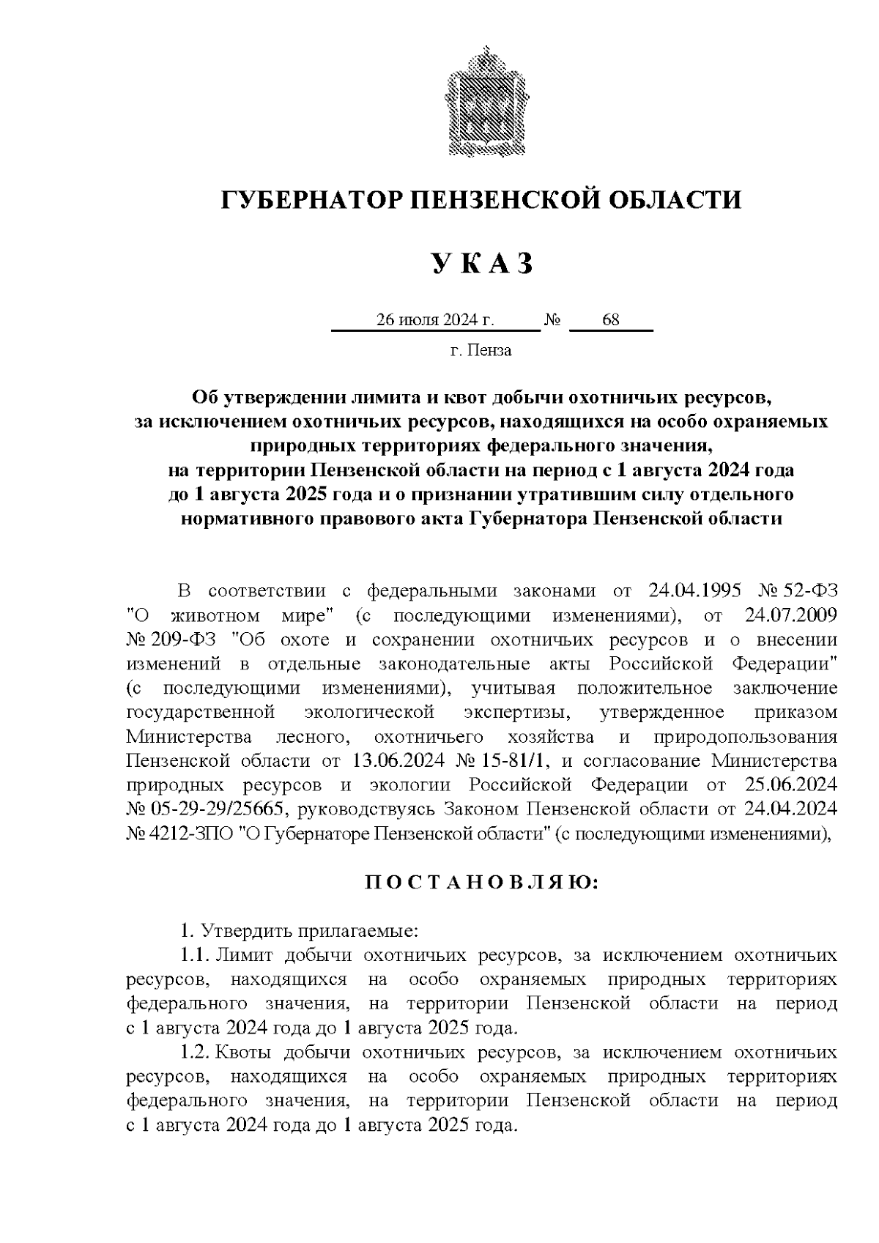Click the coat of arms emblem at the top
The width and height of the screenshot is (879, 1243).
point(481,103)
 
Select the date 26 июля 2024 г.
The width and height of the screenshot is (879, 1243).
point(435,320)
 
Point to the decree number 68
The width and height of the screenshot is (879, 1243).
point(610,320)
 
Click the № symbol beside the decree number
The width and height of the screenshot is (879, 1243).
point(552,320)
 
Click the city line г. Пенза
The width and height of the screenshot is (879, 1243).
point(481,350)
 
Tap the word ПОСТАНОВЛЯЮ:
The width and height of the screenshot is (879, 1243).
point(481,883)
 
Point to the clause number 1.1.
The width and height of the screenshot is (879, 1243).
point(195,956)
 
